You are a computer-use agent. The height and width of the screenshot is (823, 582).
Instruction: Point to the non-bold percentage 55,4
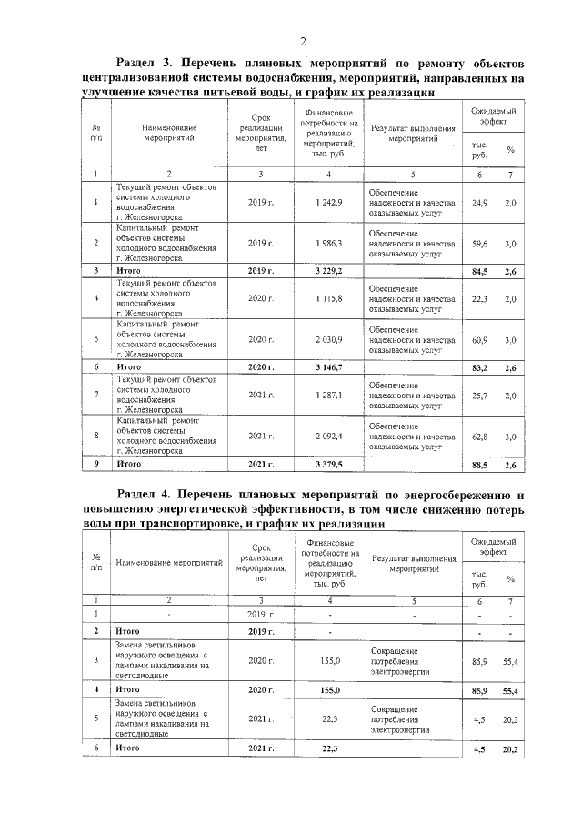pyautogui.click(x=510, y=663)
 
